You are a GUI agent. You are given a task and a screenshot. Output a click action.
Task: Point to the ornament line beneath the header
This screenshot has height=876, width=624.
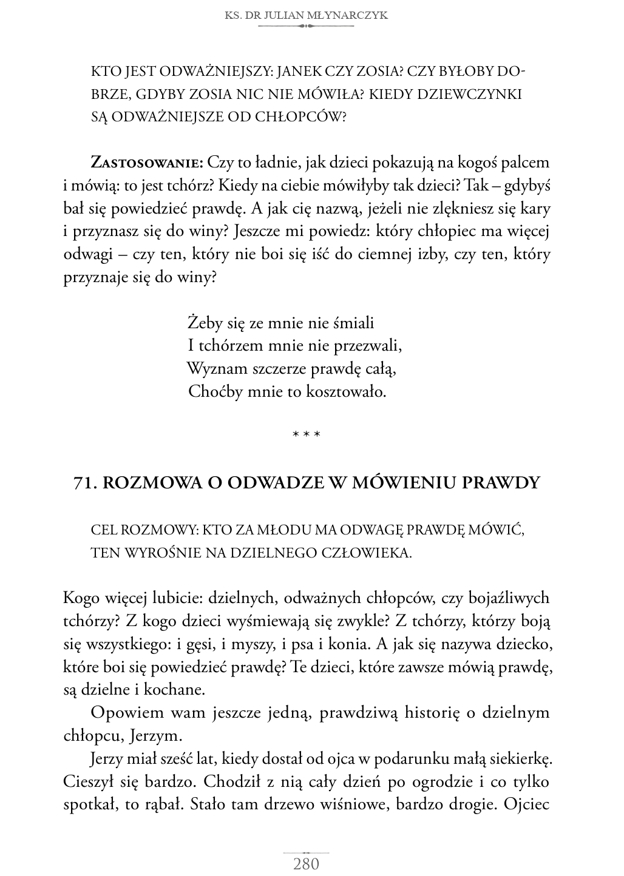(305, 27)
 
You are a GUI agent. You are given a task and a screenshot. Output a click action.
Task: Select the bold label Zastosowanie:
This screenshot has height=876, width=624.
(146, 163)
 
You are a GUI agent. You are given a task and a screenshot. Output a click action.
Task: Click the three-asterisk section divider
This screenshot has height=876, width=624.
(306, 434)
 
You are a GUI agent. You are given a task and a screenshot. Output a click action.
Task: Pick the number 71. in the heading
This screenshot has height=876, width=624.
(85, 482)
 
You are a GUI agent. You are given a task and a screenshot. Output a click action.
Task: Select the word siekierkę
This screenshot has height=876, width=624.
(520, 759)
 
